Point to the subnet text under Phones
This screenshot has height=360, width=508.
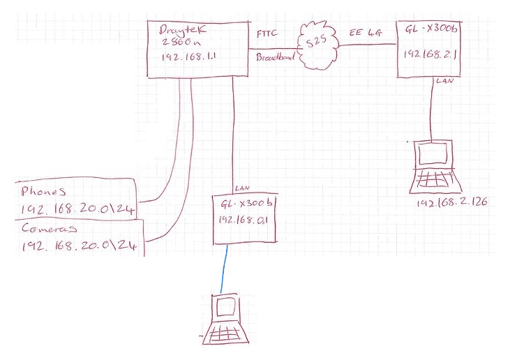coord(78,210)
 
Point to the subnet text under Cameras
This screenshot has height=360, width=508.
coord(78,246)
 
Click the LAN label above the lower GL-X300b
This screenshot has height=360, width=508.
coord(242,188)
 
